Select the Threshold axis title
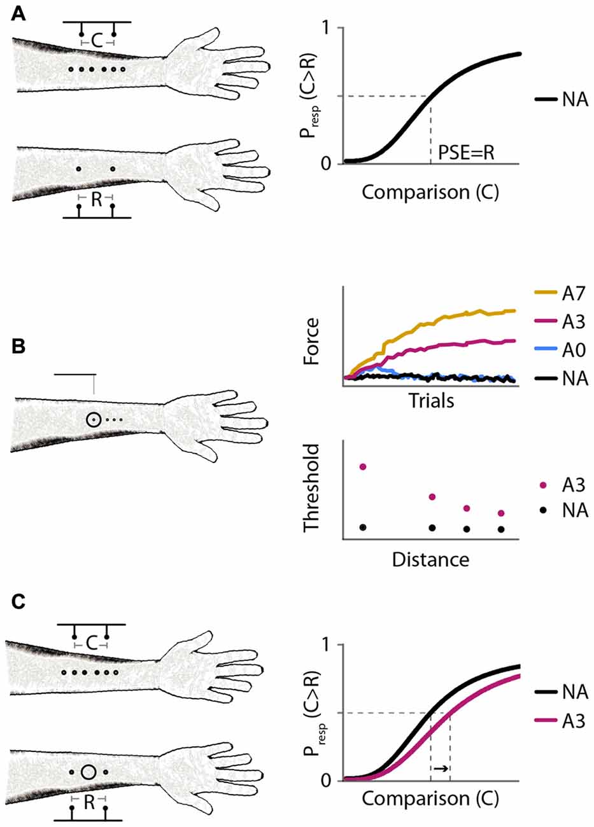(x=311, y=489)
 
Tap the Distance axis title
(x=430, y=560)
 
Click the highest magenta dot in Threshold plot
(x=363, y=467)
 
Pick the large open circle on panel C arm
(x=88, y=772)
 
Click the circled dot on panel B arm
(x=94, y=420)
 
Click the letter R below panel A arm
(x=96, y=200)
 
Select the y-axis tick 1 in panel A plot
(x=330, y=28)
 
